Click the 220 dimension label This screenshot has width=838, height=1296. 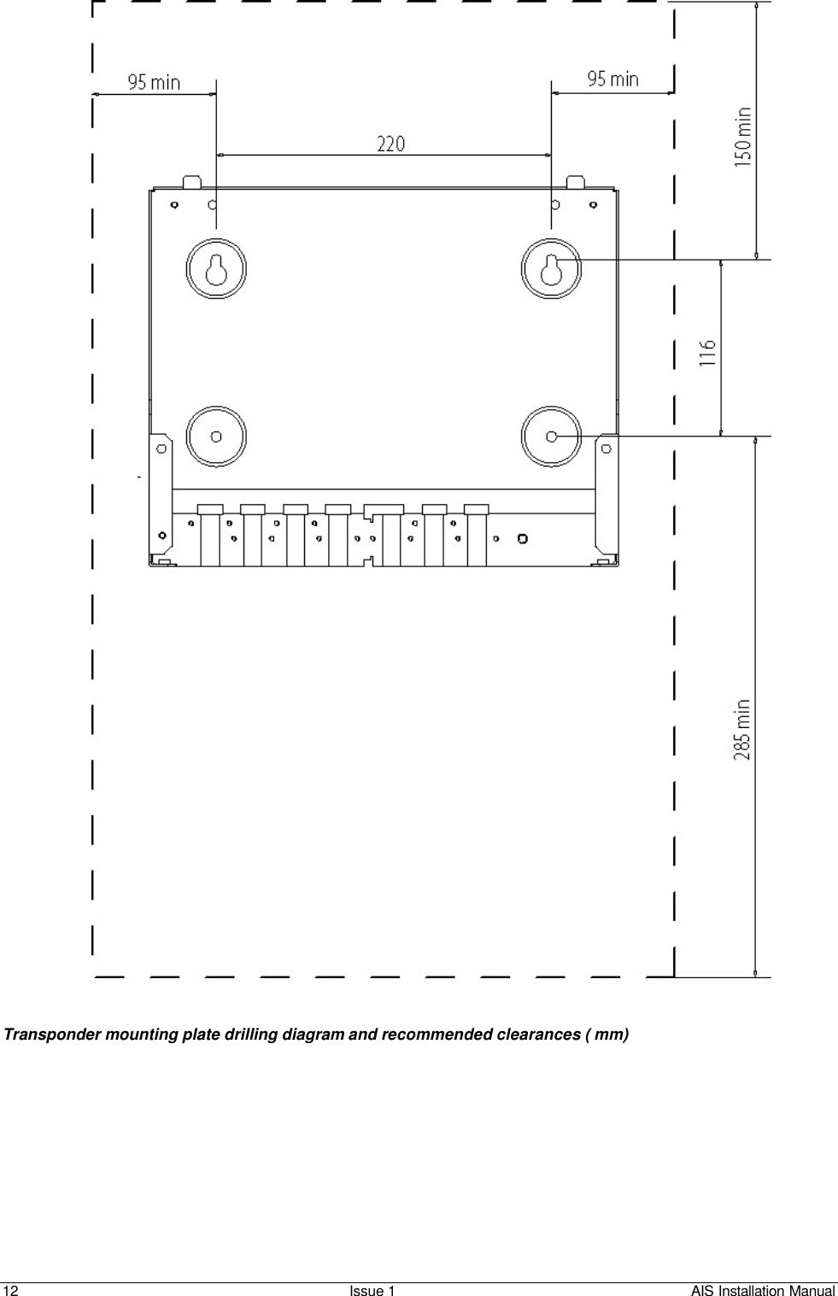click(x=391, y=144)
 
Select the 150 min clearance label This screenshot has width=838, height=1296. click(x=743, y=138)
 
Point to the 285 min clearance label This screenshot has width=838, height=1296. click(x=743, y=730)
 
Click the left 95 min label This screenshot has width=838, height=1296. click(x=154, y=82)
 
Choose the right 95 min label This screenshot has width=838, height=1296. click(x=613, y=78)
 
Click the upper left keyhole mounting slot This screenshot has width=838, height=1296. click(x=216, y=269)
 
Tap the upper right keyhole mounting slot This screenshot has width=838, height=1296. click(x=551, y=269)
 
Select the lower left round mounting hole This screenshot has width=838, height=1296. click(x=216, y=437)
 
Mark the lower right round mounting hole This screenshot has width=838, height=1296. click(x=551, y=437)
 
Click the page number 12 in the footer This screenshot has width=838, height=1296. click(x=10, y=1290)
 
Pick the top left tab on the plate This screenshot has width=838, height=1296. click(x=192, y=182)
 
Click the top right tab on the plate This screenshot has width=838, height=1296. click(x=575, y=182)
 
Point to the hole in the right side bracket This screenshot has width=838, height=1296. click(x=607, y=449)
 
